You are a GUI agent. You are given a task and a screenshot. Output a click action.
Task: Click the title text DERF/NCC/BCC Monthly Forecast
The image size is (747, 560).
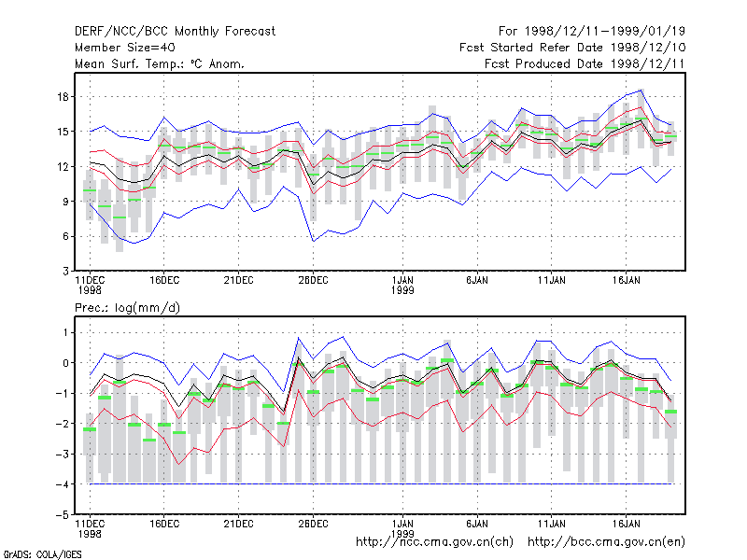tap(175, 32)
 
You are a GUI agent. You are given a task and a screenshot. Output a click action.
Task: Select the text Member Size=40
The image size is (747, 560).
tap(125, 48)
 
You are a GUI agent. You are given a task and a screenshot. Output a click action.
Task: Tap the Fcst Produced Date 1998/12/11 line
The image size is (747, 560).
tap(585, 63)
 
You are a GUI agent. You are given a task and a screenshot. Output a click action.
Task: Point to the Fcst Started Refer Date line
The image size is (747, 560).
tap(572, 48)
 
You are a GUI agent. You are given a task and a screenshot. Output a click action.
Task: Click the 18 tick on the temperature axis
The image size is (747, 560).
tap(63, 97)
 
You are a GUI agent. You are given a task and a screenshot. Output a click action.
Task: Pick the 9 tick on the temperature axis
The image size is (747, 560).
tap(65, 202)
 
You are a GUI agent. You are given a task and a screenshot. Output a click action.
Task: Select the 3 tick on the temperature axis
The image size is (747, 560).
tap(65, 272)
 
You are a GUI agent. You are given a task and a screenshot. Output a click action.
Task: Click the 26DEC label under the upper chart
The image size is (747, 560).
tap(313, 280)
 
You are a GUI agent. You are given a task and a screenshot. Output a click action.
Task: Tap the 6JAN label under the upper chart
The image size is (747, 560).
tap(477, 280)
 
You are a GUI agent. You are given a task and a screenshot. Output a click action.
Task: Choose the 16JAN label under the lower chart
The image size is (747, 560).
tap(626, 524)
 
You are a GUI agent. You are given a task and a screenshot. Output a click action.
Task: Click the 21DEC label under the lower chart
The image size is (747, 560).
tap(238, 524)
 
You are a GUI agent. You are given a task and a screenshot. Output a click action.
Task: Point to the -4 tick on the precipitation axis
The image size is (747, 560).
tap(63, 484)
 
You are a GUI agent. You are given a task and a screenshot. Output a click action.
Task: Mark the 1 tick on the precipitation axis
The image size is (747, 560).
tap(65, 332)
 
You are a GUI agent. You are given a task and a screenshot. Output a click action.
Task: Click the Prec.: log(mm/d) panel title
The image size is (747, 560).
tap(127, 308)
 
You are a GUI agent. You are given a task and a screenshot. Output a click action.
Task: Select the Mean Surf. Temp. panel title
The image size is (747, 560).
tap(160, 63)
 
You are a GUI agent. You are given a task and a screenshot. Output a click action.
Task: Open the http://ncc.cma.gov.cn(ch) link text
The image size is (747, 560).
tap(434, 542)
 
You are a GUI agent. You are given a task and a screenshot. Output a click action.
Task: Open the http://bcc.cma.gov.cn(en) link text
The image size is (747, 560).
tap(606, 542)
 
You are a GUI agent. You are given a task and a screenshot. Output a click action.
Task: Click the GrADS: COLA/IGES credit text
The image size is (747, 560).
tap(42, 554)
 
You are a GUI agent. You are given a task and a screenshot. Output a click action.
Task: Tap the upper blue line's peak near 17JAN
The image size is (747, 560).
tap(641, 90)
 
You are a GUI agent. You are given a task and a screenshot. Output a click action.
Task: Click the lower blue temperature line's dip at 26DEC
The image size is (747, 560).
tap(314, 242)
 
